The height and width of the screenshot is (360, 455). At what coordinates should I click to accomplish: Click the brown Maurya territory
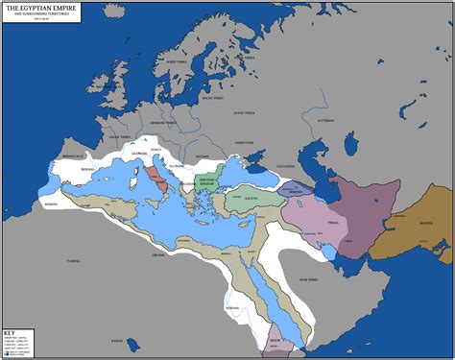click(413, 227)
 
